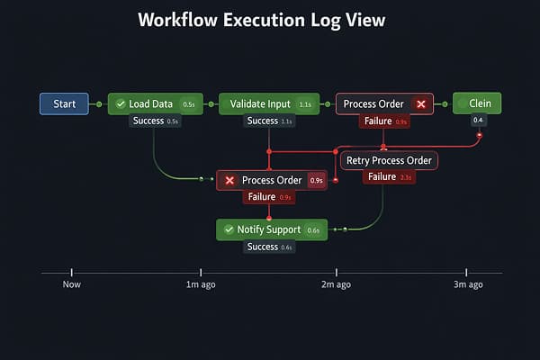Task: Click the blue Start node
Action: [x=64, y=104]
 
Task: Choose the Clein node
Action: [x=477, y=103]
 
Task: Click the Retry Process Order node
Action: [x=389, y=161]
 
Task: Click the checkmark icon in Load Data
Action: [x=121, y=104]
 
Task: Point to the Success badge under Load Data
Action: [x=155, y=121]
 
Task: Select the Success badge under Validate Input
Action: [x=267, y=121]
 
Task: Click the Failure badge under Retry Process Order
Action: [x=389, y=177]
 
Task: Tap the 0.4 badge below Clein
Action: [x=478, y=121]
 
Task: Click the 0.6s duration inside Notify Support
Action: [x=313, y=230]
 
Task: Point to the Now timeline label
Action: [x=72, y=284]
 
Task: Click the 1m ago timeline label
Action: [x=200, y=284]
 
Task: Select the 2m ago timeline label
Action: [x=336, y=284]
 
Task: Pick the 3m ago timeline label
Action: [x=467, y=284]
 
